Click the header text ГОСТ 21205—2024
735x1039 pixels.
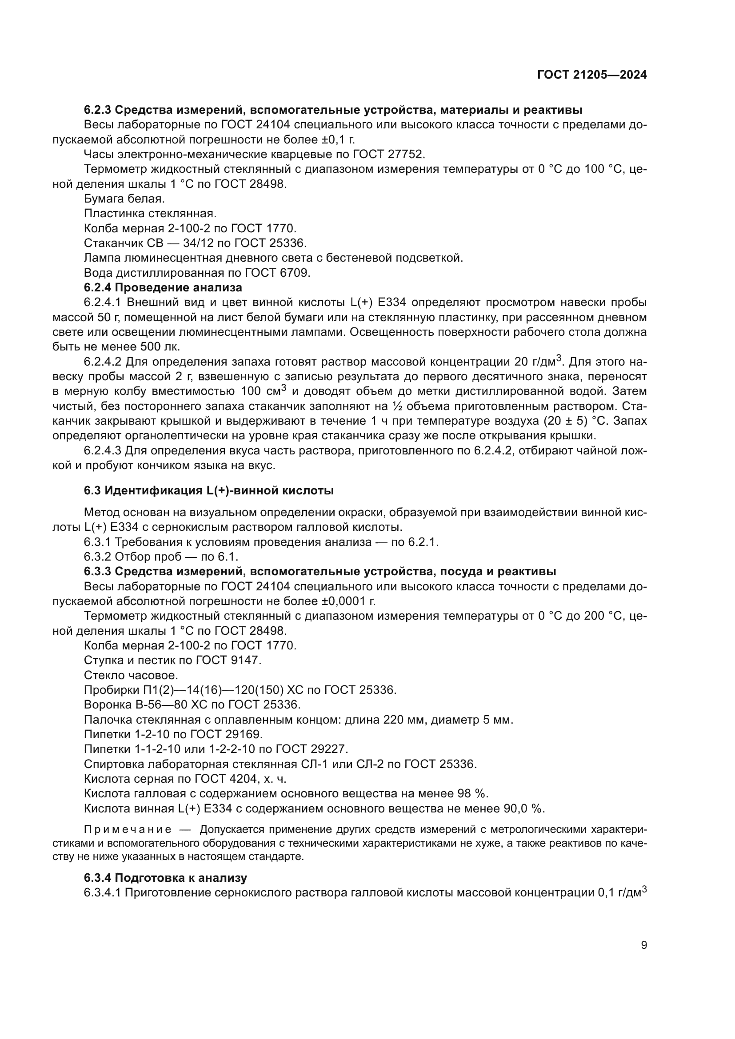point(591,75)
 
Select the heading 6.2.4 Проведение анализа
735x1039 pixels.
point(163,287)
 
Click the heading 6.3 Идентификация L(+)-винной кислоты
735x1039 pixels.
point(209,490)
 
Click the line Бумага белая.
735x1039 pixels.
point(124,199)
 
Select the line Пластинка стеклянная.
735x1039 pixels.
point(150,214)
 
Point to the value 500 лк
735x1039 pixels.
point(164,347)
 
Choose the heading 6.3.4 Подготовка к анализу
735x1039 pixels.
point(165,878)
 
